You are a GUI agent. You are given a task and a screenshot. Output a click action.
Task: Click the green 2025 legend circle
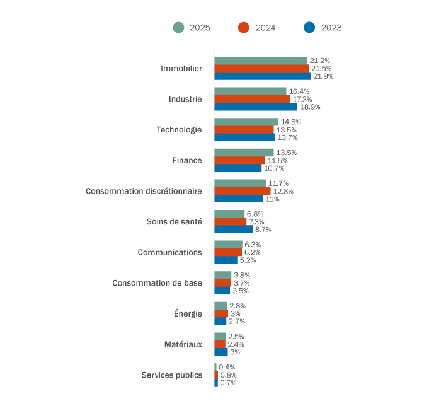178,28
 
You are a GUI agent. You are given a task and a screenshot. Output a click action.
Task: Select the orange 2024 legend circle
244,28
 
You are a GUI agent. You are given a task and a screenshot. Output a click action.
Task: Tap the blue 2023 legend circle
309,28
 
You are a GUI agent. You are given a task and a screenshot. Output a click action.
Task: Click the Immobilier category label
181,68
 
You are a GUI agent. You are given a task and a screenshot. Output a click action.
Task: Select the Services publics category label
172,375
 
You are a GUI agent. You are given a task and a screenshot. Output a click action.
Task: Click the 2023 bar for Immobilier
262,76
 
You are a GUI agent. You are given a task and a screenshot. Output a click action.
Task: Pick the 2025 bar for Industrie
250,91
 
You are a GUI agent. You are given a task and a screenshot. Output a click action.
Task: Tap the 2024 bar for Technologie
244,130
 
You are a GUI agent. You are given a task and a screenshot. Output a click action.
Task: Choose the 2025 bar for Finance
244,153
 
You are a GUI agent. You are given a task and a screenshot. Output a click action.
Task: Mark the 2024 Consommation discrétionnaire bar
243,191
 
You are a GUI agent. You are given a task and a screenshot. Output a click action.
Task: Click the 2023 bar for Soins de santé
233,230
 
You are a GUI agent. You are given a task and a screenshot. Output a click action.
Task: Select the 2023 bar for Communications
226,260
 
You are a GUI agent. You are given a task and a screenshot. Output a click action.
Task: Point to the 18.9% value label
310,107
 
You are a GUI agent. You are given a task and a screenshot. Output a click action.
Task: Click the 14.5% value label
291,122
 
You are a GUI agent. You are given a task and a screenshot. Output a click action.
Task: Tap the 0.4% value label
227,368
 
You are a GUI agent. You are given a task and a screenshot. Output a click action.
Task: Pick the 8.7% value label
263,230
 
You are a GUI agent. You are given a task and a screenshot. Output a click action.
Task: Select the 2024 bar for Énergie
221,313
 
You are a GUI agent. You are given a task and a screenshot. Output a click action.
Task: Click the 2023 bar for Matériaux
221,352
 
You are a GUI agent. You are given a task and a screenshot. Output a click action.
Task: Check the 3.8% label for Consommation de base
242,276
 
